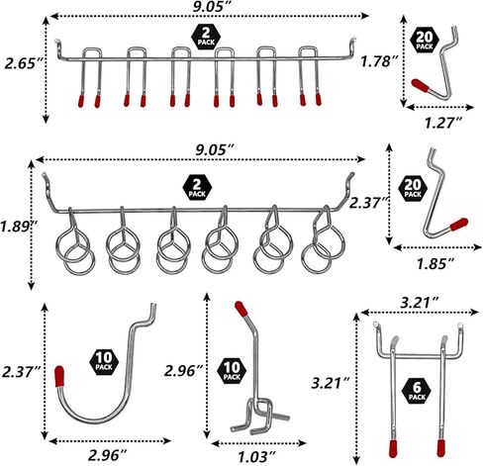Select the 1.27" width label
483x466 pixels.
[x=443, y=123]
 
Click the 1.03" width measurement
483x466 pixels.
[x=257, y=456]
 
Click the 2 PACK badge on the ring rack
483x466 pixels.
[x=197, y=188]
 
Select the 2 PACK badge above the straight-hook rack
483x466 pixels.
[x=206, y=37]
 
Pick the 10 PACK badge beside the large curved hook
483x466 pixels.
[x=104, y=361]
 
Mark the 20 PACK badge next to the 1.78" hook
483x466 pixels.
[x=425, y=40]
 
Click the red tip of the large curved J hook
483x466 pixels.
[x=59, y=376]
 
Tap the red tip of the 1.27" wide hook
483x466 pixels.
[x=421, y=85]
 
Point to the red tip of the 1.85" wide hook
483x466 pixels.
[x=459, y=224]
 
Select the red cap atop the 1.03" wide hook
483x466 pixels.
[x=241, y=309]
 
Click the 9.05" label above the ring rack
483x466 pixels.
[x=215, y=150]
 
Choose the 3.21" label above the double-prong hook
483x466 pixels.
[x=420, y=303]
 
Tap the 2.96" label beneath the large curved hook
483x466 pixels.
[x=108, y=455]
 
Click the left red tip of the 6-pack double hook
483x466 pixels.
[x=393, y=448]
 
